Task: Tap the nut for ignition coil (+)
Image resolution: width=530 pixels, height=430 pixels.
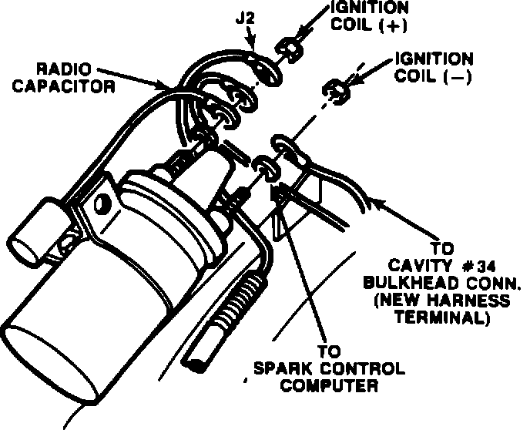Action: [x=289, y=50]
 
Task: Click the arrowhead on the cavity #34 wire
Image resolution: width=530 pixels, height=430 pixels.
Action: [x=375, y=202]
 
